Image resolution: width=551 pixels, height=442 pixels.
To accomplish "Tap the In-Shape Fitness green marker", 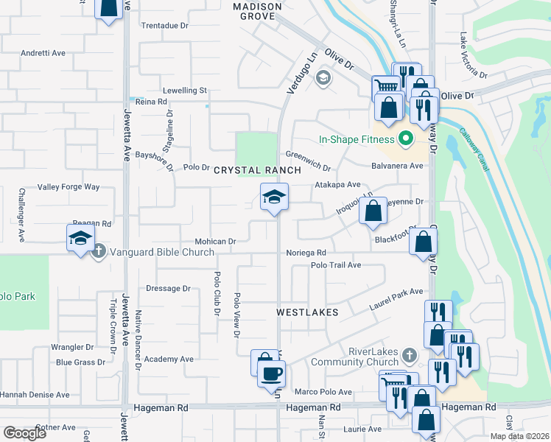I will pos(404,138).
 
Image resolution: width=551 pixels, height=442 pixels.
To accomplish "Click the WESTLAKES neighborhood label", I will pos(307,312).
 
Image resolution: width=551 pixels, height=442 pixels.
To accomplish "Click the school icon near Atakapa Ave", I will pos(274,197).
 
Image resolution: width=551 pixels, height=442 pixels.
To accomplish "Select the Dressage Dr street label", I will pos(169,288).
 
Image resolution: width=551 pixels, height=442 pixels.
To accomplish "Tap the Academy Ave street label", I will pos(169,359).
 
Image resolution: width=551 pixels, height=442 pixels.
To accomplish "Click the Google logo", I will pos(24,434).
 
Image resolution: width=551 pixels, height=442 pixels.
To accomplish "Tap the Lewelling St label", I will pos(185,91).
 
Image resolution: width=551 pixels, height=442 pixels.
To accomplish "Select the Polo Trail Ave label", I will pos(336,265).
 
